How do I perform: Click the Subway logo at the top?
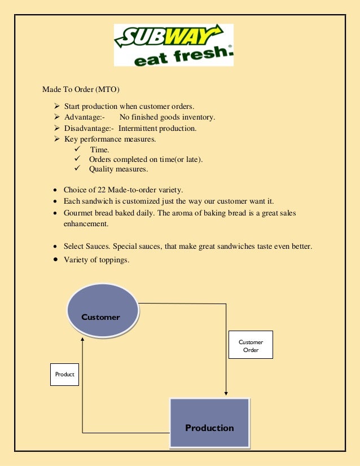click(x=173, y=45)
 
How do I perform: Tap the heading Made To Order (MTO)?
click(x=81, y=89)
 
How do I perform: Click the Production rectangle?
click(x=209, y=423)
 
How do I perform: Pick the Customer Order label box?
click(x=251, y=345)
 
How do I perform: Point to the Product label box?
click(x=64, y=374)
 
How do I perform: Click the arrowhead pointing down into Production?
click(x=226, y=393)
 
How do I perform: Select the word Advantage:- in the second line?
click(x=85, y=117)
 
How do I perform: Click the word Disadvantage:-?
click(x=89, y=128)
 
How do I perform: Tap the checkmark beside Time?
click(x=77, y=149)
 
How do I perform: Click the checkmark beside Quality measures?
click(x=77, y=169)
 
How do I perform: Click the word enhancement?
click(x=86, y=224)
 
